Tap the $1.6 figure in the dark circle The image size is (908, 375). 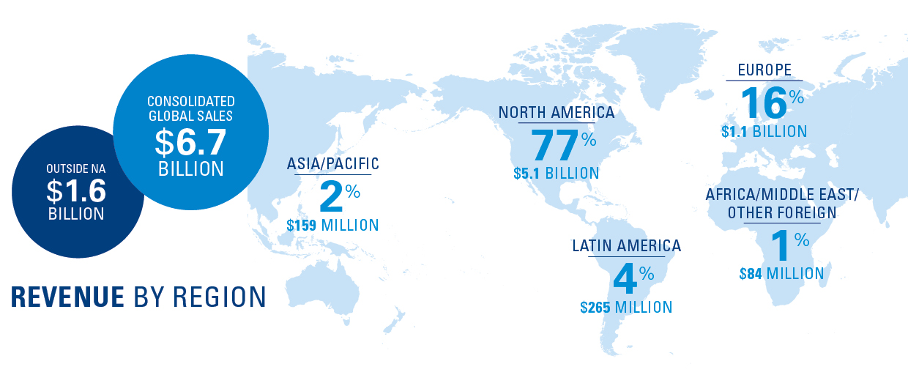[x=76, y=191]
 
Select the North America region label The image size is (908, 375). [x=557, y=113]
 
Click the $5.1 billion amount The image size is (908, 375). [x=557, y=174]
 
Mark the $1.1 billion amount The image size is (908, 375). [x=764, y=132]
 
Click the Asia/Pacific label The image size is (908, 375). [x=333, y=164]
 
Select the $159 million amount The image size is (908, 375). [x=333, y=225]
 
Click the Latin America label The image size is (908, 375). [x=627, y=246]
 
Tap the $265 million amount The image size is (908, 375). [x=626, y=307]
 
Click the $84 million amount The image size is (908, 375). [x=781, y=274]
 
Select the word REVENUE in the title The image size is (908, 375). [x=67, y=297]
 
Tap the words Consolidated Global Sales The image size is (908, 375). [x=190, y=108]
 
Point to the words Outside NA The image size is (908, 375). [x=76, y=168]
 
